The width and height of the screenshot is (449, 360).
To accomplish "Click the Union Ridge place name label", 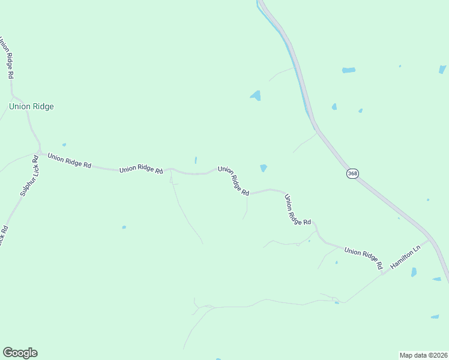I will tap(31, 107).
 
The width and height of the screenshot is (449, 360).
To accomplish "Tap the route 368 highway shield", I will tap(352, 173).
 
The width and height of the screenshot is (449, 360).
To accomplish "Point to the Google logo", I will tap(20, 353).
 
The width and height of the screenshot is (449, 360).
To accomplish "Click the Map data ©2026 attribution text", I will tap(423, 355).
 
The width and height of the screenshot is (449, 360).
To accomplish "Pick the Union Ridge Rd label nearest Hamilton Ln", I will tap(363, 256).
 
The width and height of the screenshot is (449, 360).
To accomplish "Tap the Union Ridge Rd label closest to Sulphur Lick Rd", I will tap(70, 161).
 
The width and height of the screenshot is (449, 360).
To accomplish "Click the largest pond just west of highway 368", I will tap(256, 95).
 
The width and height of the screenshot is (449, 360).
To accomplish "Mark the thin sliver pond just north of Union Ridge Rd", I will tap(196, 160).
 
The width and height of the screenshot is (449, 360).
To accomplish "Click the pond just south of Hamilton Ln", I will tap(414, 272).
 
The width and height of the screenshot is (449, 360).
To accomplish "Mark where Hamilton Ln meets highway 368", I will tap(430, 240).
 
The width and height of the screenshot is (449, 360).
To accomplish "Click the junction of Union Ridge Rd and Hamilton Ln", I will tap(382, 274).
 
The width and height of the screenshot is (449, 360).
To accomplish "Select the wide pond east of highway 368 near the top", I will tap(348, 70).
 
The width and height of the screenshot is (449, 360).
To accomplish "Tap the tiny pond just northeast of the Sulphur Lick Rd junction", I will tap(64, 145).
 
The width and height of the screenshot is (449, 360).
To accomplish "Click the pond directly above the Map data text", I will tap(435, 316).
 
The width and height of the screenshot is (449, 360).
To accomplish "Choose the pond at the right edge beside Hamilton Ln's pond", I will tap(436, 279).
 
